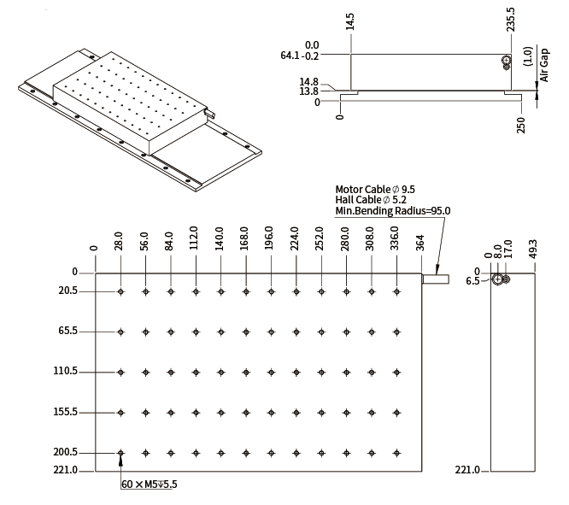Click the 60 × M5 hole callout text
pos(150,484)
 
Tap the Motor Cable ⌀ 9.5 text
pos(375,189)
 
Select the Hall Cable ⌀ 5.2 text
pos(371,200)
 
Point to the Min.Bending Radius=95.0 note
pos(393,210)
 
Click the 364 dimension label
pos(420,243)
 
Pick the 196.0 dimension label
pos(269,238)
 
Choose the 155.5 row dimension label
pos(65,412)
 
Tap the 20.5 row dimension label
pos(67,291)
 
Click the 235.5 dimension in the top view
pos(511,20)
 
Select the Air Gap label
pos(544,65)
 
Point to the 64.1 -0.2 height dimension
pos(300,56)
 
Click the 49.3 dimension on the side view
pos(533,249)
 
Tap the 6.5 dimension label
pos(472,281)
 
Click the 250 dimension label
pos(521,126)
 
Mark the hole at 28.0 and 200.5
pos(120,453)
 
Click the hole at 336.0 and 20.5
pos(396,291)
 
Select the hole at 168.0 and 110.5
pos(246,372)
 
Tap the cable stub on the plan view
pos(436,279)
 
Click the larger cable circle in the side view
pos(498,279)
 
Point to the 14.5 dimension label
pos(349,21)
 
